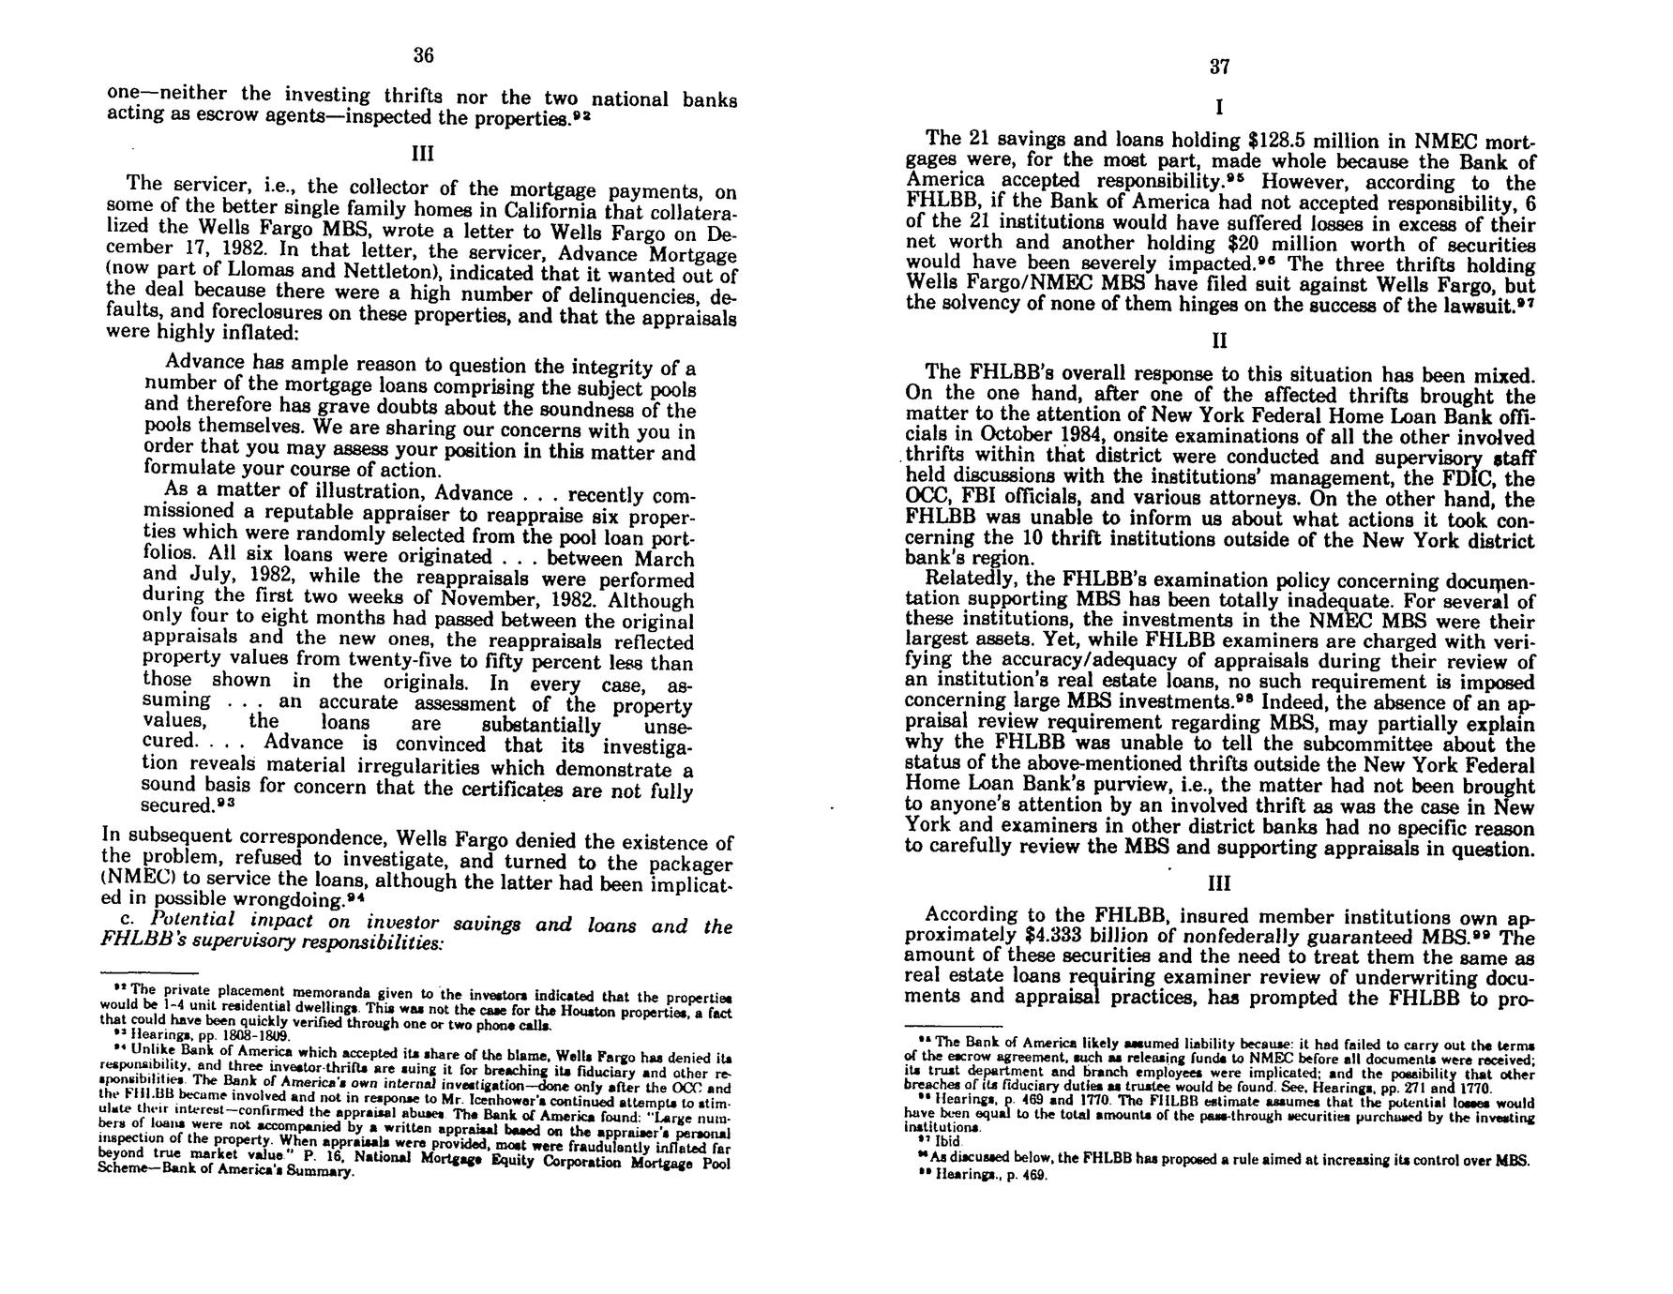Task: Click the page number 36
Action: click(424, 55)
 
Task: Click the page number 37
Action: click(1219, 67)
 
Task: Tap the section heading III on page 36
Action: click(423, 152)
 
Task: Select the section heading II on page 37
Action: click(1219, 339)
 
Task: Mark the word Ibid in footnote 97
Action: click(947, 1142)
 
